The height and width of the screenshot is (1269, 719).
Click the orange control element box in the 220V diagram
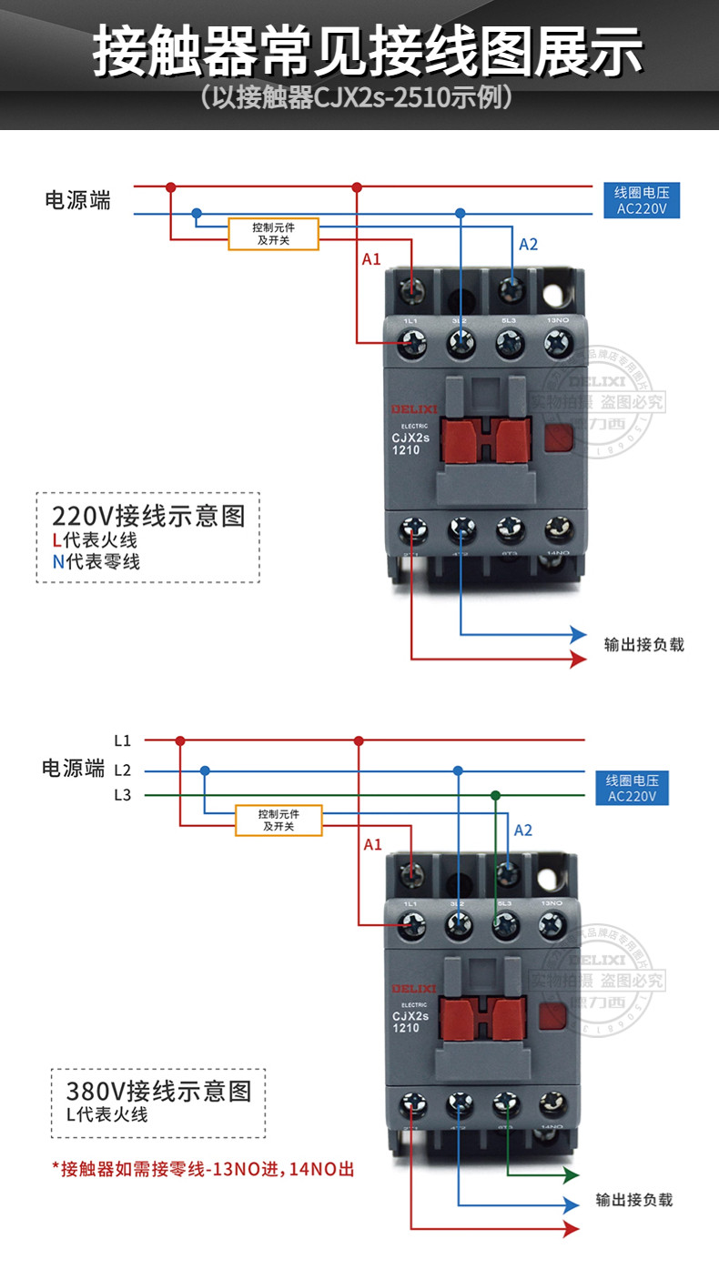coord(273,234)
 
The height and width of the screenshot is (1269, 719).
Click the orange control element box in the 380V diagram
coord(278,820)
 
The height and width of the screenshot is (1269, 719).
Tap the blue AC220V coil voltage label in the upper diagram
coord(642,200)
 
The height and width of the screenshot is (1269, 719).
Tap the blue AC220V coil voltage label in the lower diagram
coord(638,788)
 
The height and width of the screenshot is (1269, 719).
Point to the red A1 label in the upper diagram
coord(371,259)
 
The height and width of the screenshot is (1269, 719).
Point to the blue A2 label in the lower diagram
coord(523,830)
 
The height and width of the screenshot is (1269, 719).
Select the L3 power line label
coord(123,795)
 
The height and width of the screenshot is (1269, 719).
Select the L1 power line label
coord(123,740)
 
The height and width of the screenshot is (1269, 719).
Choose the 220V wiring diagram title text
coord(148,517)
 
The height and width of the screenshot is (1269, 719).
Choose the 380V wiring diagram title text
coord(158,1090)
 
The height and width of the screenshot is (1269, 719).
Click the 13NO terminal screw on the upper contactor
coord(556,342)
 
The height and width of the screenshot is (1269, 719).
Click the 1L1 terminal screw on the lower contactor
coord(414,925)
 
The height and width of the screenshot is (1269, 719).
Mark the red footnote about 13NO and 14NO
coord(203,1169)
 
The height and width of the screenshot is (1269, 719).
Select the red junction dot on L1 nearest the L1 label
coord(180,740)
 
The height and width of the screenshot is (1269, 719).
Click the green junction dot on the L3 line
coord(495,795)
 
